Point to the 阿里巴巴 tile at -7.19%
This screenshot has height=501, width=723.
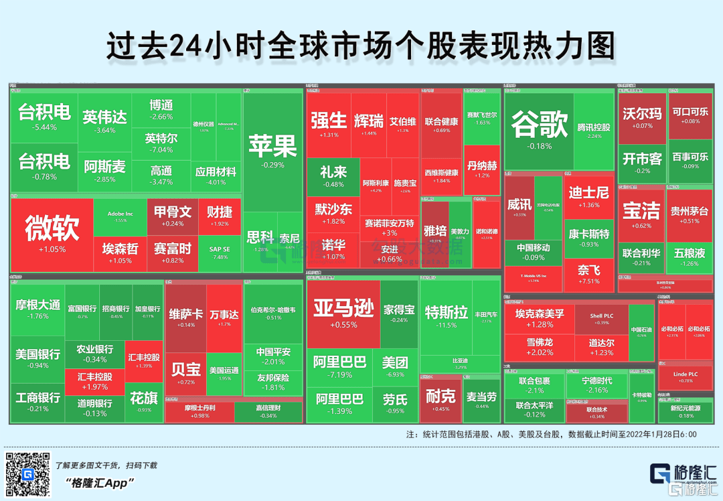(339, 367)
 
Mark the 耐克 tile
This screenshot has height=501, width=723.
(440, 401)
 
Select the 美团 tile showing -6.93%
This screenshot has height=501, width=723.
(394, 366)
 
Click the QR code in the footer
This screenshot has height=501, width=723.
(27, 474)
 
